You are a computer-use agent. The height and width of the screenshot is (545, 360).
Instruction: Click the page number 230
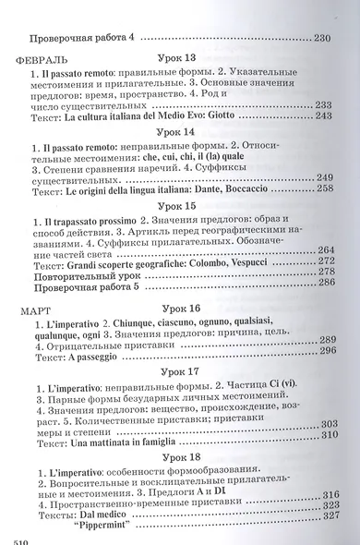[x=321, y=37]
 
